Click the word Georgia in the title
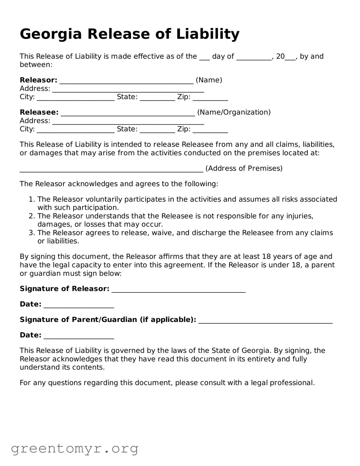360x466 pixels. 51,34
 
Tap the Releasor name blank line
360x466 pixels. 126,81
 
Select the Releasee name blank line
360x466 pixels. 128,113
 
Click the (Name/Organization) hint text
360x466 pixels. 234,112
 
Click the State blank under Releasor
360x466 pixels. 157,98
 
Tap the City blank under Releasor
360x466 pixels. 75,98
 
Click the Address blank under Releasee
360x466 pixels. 128,122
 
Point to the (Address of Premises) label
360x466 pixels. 244,168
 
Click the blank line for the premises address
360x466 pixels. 111,169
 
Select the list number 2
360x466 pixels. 32,216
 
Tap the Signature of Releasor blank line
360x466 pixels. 178,290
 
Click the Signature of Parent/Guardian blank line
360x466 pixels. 265,321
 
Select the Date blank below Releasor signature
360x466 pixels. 79,305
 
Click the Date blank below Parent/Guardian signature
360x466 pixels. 79,336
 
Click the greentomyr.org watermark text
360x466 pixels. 75,448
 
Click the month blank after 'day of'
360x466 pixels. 254,57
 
